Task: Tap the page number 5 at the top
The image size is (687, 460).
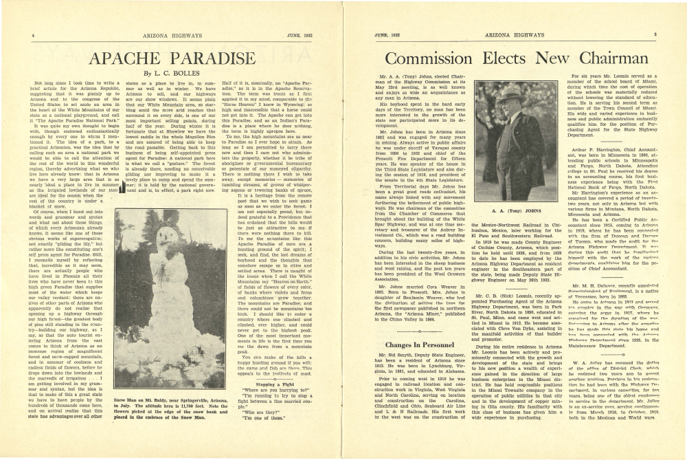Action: coord(655,33)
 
